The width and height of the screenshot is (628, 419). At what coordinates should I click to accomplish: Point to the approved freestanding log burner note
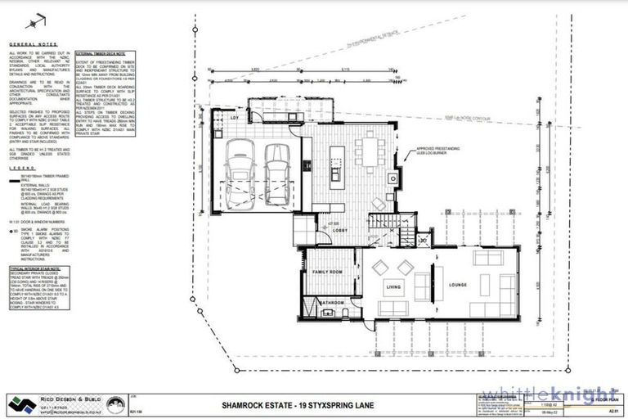click(439, 151)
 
